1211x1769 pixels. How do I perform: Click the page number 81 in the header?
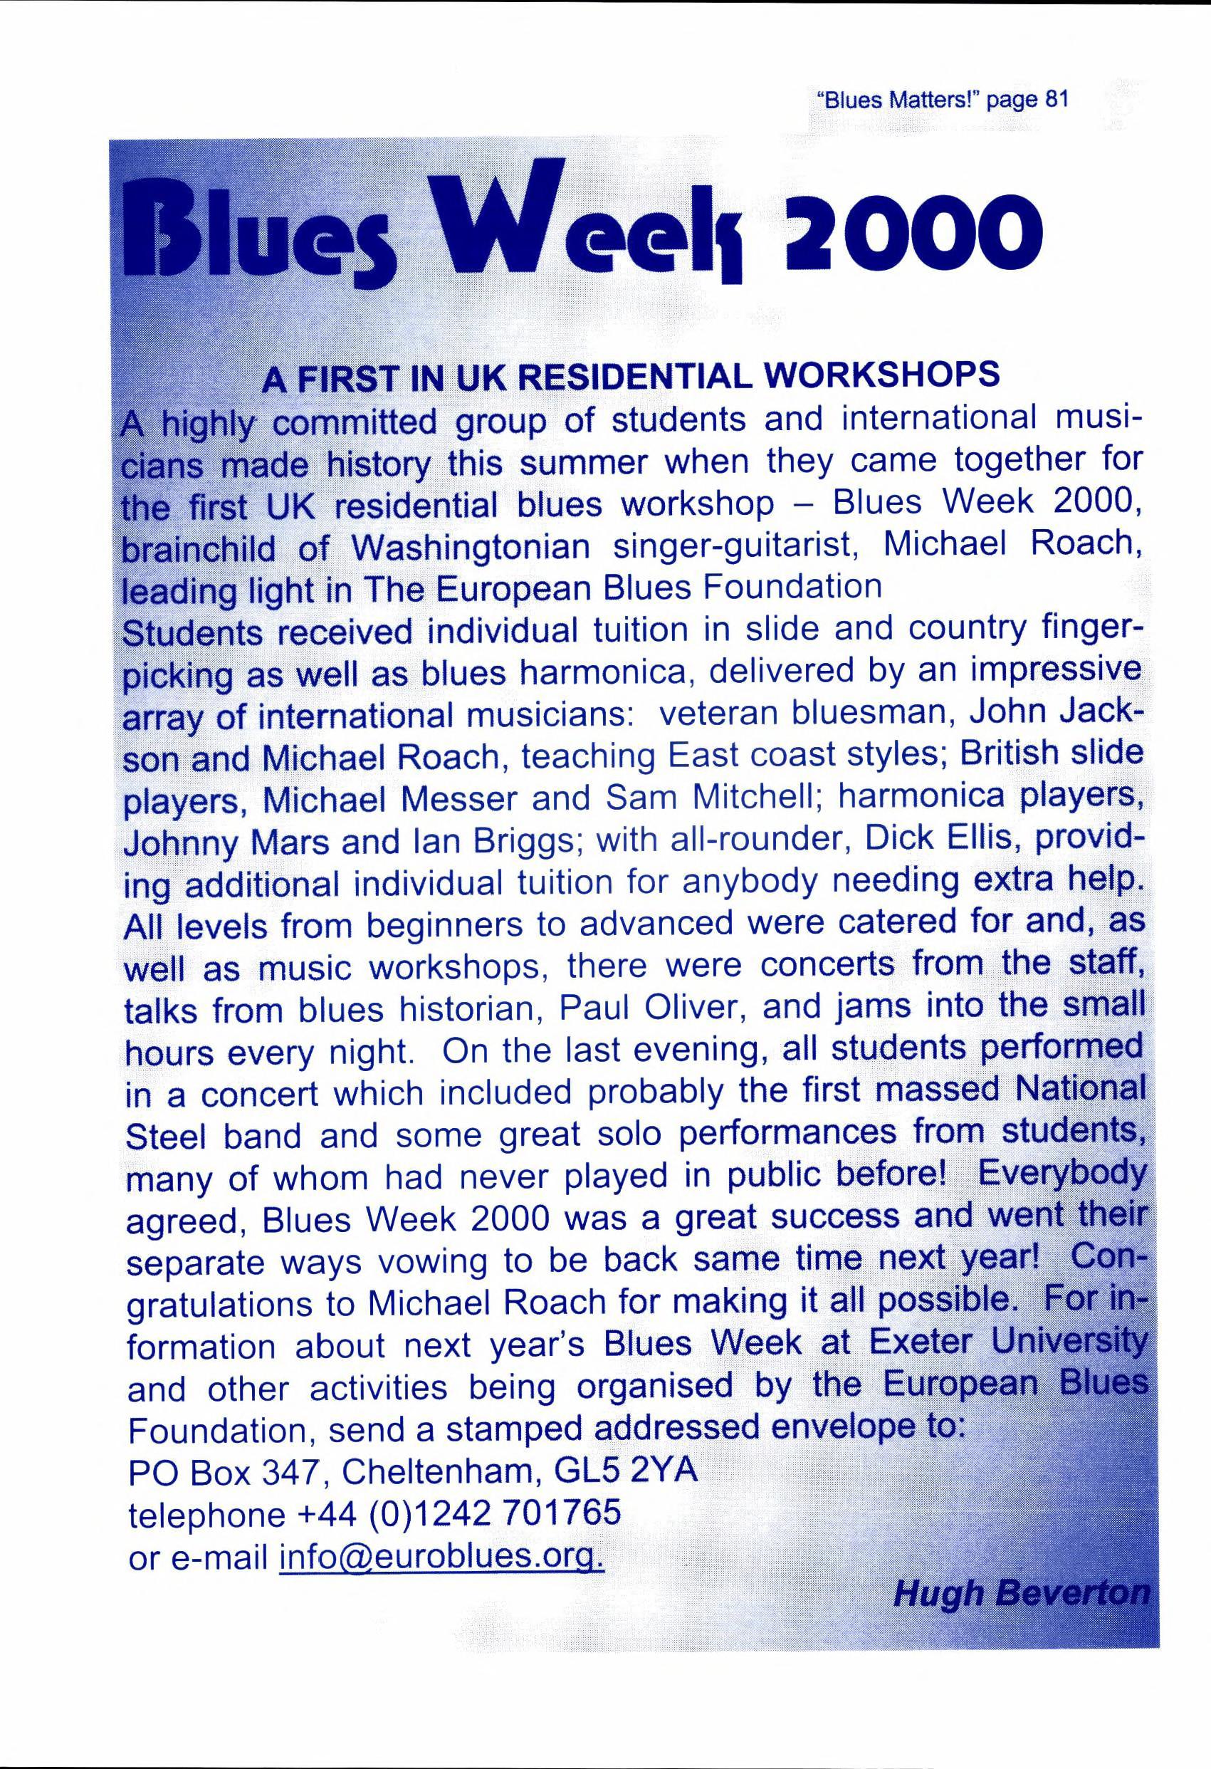tap(1058, 100)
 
